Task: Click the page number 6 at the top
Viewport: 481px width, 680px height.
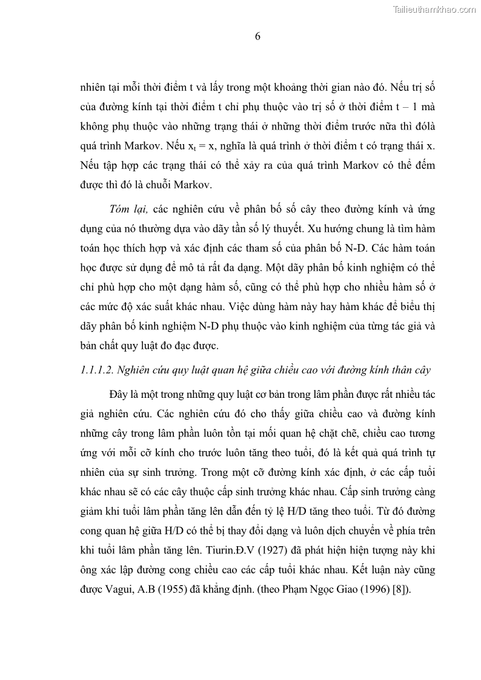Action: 257,36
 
